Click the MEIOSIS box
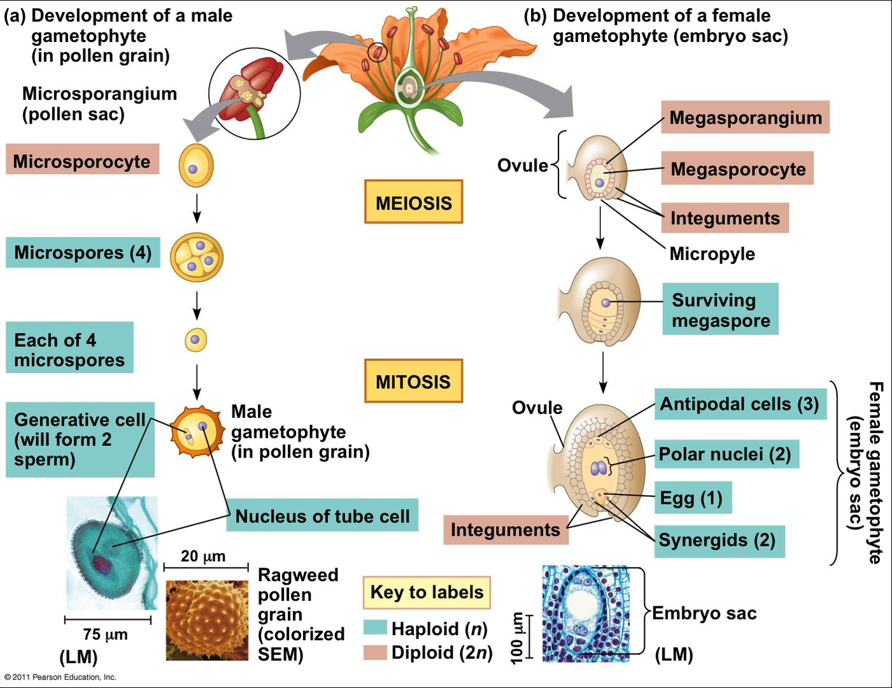pos(413,202)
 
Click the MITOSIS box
pos(413,381)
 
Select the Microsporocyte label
pos(82,161)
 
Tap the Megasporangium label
pos(745,117)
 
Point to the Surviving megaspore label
pos(721,310)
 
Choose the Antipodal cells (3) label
pos(740,404)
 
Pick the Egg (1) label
pos(691,498)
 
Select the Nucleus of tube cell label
pos(322,515)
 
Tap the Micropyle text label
pos(712,254)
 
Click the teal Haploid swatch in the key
pos(376,627)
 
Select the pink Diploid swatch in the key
pos(376,652)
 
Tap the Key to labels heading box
pos(427,592)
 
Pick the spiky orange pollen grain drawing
pos(197,433)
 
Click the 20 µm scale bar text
pos(203,555)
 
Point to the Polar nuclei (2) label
pos(726,454)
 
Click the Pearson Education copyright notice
pos(60,677)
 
